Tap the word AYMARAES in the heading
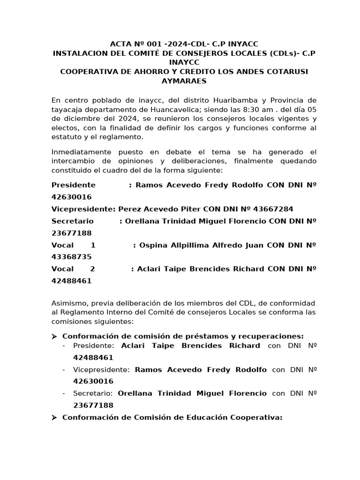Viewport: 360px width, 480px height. click(x=184, y=81)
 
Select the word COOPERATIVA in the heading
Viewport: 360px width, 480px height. click(x=87, y=71)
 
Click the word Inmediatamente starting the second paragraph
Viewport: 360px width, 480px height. click(x=82, y=152)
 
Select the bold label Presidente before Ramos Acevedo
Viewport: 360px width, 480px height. click(x=74, y=185)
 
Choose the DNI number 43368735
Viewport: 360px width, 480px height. click(x=72, y=257)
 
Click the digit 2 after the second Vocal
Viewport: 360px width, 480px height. click(x=92, y=269)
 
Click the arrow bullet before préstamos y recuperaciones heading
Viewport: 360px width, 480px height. click(x=54, y=336)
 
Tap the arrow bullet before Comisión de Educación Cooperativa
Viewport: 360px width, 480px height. click(x=54, y=417)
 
